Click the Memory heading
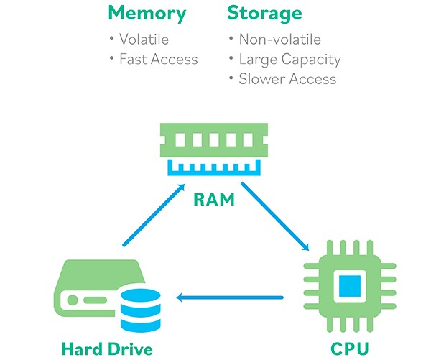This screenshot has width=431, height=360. coord(147,13)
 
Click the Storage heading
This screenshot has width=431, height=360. coord(264,13)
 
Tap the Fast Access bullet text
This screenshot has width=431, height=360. coord(159,59)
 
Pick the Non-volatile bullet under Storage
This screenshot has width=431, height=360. coord(279,40)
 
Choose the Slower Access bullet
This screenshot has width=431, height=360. coord(287,79)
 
